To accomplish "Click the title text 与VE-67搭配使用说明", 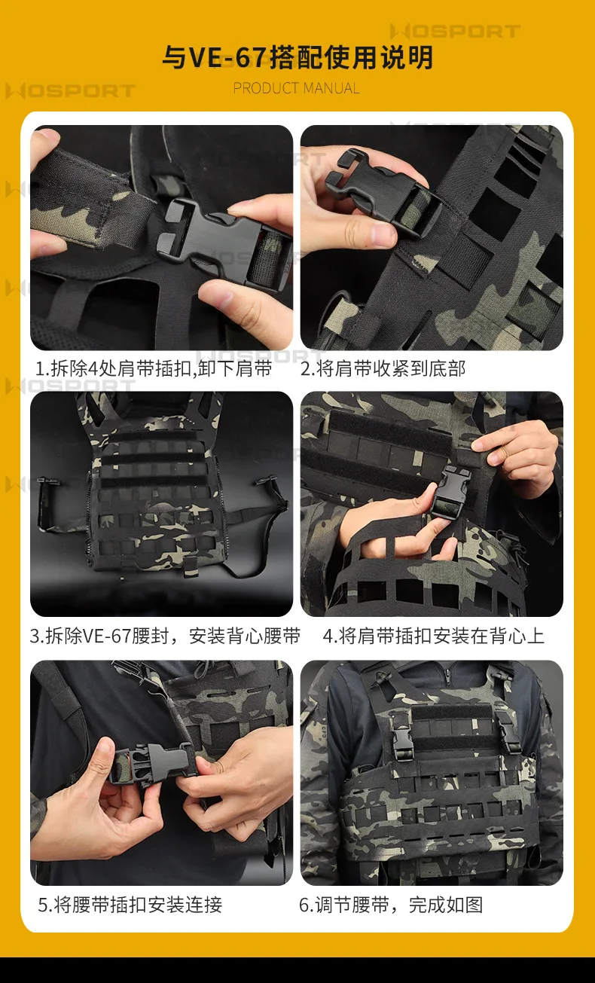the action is [x=297, y=57].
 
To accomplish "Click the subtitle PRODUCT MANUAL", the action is [x=296, y=88].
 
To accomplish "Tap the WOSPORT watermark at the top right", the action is [x=455, y=31].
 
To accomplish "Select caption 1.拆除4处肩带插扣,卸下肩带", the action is [x=154, y=368].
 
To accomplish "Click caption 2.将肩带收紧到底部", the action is [x=383, y=368].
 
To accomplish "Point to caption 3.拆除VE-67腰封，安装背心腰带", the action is [x=166, y=636].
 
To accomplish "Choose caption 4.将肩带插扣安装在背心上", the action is [x=434, y=636].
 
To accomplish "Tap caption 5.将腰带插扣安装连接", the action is [x=130, y=905].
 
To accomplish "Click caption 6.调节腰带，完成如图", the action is [x=391, y=905].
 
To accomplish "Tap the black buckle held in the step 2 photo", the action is [x=382, y=189].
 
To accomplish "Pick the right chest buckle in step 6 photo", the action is [x=508, y=731].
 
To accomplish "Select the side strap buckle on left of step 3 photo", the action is [x=45, y=505].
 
